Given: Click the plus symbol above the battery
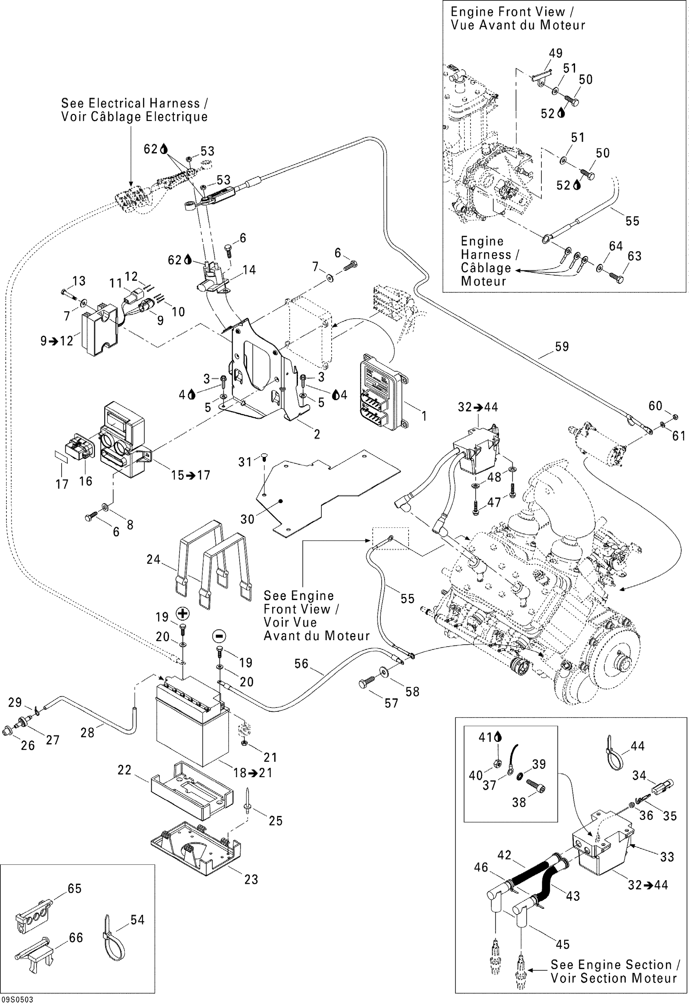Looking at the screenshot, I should click(183, 613).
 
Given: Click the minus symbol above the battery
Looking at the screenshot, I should click(219, 636).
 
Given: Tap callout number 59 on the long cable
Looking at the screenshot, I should click(561, 346).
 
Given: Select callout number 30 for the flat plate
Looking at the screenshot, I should click(247, 519).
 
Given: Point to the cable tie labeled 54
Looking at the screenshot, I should click(113, 941).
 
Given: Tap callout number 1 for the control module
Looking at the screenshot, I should click(424, 416).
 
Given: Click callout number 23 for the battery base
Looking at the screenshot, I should click(251, 879).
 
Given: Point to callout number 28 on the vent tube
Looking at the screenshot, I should click(87, 732).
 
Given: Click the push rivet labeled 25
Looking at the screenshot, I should click(248, 803).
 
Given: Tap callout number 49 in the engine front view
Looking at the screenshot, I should click(555, 53).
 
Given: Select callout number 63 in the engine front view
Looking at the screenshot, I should click(634, 256).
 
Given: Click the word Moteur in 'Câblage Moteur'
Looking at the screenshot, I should click(483, 281).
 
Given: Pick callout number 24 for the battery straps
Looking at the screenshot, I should click(154, 559).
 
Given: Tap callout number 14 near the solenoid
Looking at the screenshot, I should click(249, 270).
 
